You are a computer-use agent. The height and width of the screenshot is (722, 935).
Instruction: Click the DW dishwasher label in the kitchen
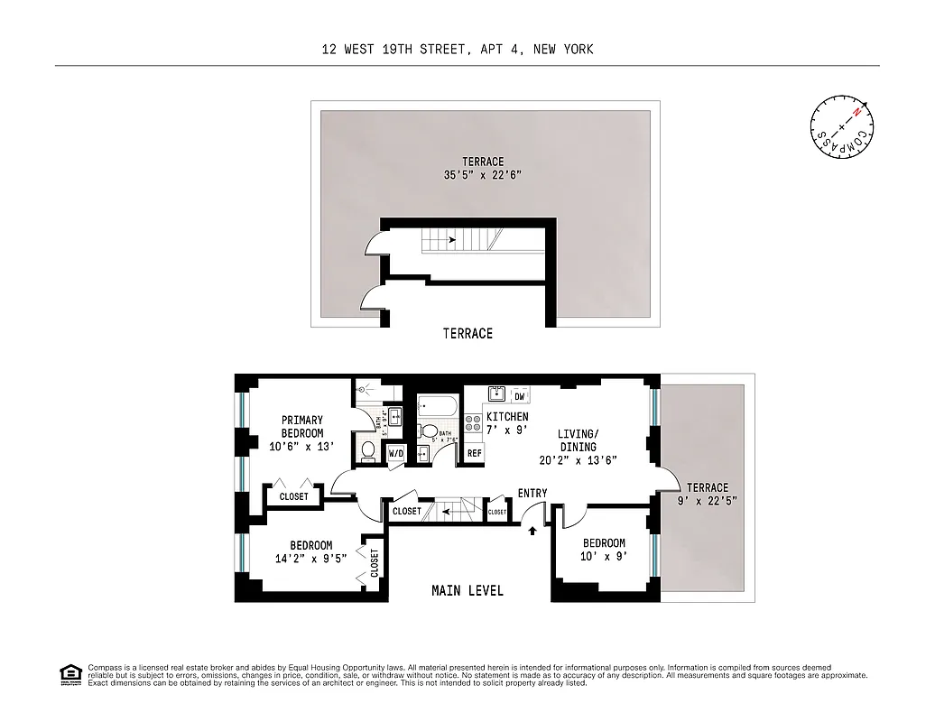tap(520, 395)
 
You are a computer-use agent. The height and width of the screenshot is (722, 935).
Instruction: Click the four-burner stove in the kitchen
tap(473, 425)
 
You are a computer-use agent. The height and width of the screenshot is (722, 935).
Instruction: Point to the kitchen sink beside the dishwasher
tap(496, 394)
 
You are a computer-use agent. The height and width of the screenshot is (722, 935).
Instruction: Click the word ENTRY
tap(532, 493)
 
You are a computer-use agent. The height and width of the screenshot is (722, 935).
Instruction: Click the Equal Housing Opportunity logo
tap(69, 673)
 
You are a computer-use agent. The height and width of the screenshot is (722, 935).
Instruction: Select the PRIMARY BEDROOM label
tap(301, 426)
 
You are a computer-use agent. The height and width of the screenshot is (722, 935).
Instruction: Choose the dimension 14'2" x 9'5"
tap(310, 558)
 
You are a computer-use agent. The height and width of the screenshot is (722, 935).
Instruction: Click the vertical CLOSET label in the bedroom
tap(374, 561)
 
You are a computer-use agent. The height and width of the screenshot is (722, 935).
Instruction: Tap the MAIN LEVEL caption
tap(467, 590)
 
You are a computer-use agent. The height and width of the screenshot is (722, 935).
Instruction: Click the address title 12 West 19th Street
tap(458, 50)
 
